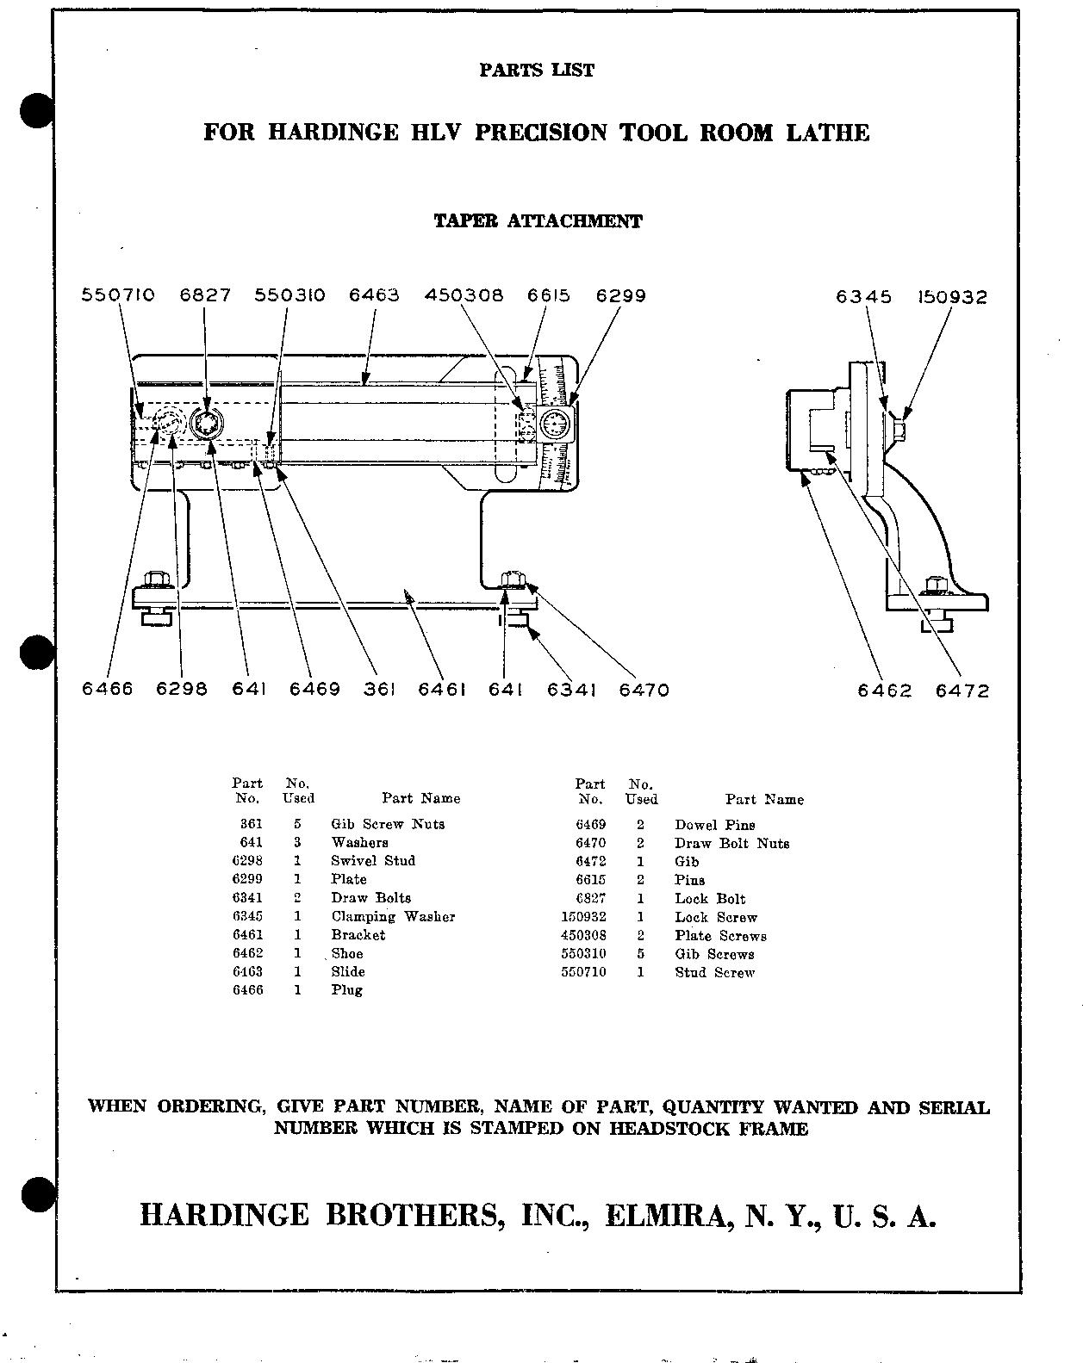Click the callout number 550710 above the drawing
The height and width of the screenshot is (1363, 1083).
point(118,295)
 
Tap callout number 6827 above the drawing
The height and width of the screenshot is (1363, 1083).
point(205,295)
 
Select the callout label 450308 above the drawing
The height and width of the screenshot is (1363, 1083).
point(464,295)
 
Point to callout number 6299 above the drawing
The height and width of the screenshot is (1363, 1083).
point(620,295)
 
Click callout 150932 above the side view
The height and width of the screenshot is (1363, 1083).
point(951,297)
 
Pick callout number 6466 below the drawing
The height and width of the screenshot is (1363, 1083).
point(107,689)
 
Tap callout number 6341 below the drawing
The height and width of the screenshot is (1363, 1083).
point(571,690)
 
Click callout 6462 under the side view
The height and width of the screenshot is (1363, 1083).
point(884,691)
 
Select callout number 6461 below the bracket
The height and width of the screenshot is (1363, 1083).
point(442,690)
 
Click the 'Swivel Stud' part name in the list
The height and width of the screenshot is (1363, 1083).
point(373,860)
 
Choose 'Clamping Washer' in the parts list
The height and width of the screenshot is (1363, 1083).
point(393,916)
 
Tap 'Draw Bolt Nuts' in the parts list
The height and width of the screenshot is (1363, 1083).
point(731,843)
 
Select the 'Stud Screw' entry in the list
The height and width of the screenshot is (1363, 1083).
point(714,972)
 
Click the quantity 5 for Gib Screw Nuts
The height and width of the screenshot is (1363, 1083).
point(297,824)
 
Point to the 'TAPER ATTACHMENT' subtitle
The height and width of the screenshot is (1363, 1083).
point(538,221)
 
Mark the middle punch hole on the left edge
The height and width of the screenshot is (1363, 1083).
point(36,652)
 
